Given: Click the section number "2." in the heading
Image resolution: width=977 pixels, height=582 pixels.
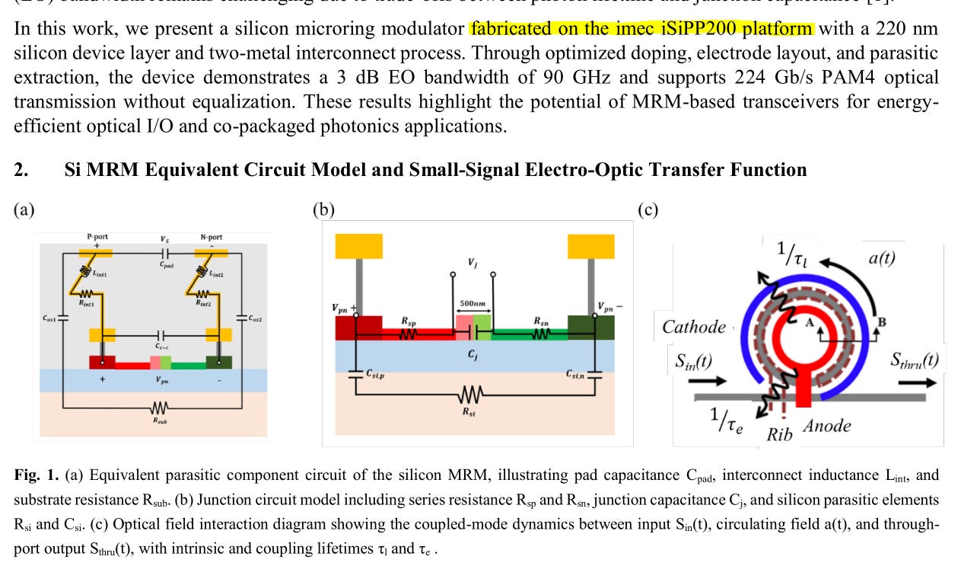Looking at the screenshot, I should [x=22, y=169].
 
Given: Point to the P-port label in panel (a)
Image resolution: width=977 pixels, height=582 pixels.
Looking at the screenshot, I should [x=98, y=237].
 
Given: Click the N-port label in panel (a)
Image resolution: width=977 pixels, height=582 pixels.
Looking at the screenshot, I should [x=211, y=237].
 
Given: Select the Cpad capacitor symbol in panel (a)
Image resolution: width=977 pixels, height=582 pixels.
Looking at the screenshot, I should [x=165, y=254].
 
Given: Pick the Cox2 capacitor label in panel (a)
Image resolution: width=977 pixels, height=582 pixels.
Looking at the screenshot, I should [x=254, y=318].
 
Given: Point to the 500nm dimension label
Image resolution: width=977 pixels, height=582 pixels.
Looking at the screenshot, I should [x=473, y=303].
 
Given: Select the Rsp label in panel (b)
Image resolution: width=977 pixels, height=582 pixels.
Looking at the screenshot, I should [x=409, y=322].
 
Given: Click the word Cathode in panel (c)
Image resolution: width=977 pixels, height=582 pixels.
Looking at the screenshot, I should [x=693, y=327].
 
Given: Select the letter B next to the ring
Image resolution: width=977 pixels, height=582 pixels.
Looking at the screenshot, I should [x=882, y=321].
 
